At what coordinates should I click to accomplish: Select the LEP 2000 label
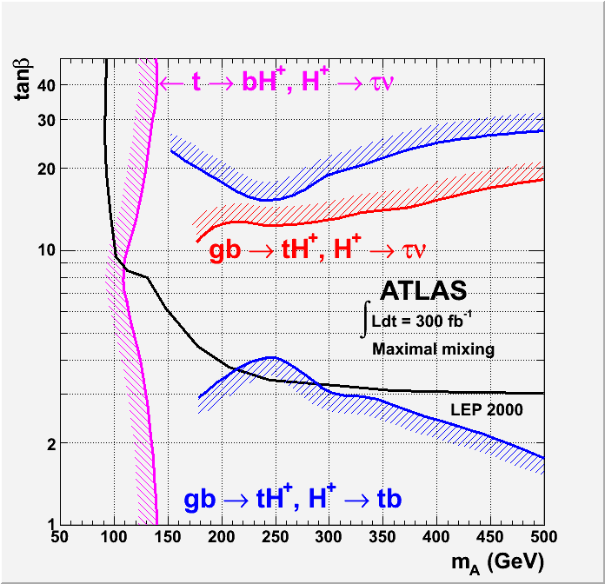486,408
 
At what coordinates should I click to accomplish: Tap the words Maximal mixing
433,349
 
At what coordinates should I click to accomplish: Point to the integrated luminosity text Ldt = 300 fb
422,320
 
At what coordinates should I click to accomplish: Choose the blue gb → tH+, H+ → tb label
292,499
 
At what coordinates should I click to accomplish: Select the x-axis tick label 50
59,538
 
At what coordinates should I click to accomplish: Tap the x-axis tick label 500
543,538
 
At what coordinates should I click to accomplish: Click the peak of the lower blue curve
272,357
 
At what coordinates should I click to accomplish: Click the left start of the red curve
198,241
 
